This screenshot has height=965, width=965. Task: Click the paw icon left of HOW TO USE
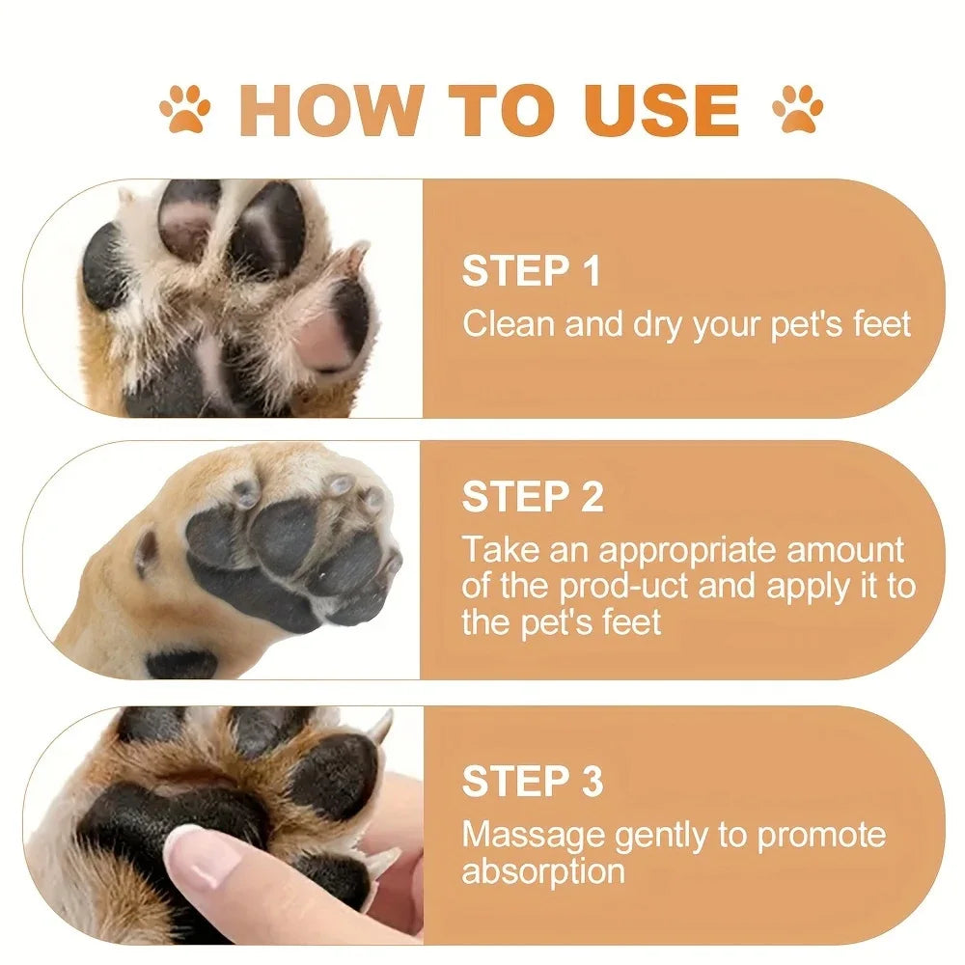pos(185,109)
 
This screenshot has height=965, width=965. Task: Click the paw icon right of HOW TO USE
pos(797,109)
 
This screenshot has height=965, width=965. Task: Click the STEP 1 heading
pos(531,271)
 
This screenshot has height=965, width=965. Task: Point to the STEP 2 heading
pos(533,497)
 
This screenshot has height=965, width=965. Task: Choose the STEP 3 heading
pos(533,782)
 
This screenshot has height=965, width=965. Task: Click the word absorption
pos(542,871)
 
